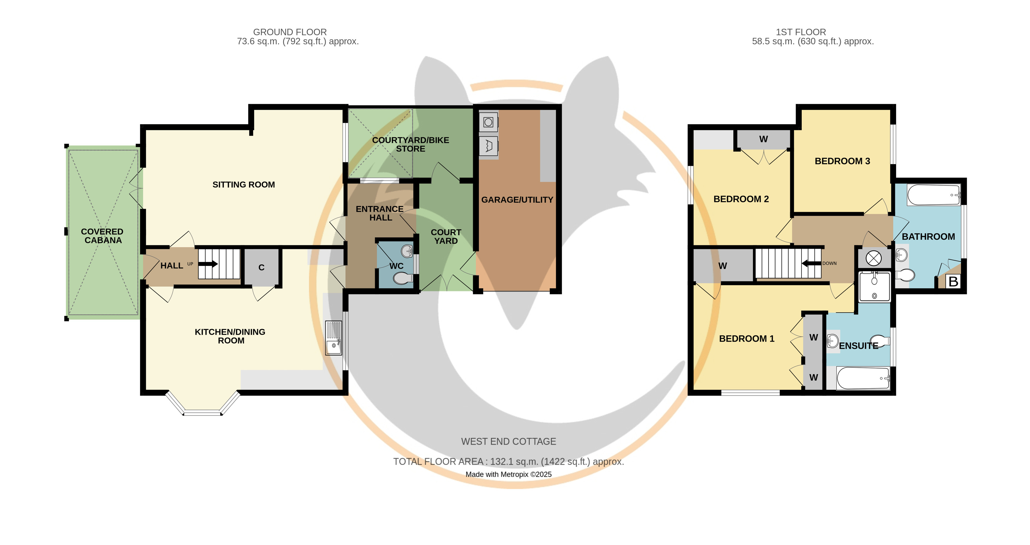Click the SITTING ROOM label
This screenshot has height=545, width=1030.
pyautogui.click(x=243, y=185)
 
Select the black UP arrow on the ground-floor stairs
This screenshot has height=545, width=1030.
pyautogui.click(x=208, y=264)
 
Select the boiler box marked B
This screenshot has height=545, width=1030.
pyautogui.click(x=953, y=281)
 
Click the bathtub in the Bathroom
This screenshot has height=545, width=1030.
pyautogui.click(x=934, y=195)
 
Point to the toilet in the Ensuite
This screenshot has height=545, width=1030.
pyautogui.click(x=880, y=340)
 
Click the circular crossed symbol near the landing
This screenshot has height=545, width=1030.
pyautogui.click(x=874, y=258)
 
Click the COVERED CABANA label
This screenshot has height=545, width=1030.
pyautogui.click(x=103, y=236)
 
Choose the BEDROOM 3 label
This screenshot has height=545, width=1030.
pyautogui.click(x=842, y=161)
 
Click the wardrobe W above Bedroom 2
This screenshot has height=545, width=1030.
pyautogui.click(x=763, y=139)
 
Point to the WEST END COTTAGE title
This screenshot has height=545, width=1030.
pyautogui.click(x=509, y=441)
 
